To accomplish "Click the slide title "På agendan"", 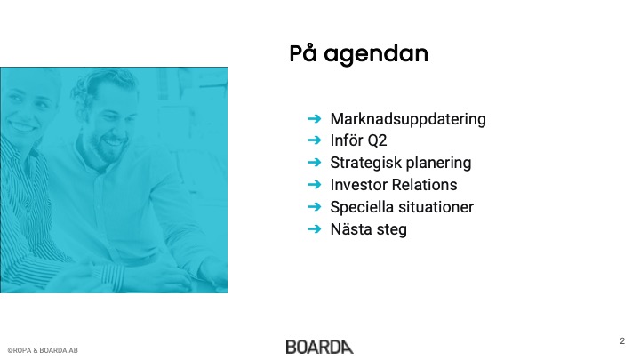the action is (x=359, y=54).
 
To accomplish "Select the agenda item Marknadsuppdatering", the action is (x=408, y=119).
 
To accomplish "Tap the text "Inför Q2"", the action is (x=358, y=140).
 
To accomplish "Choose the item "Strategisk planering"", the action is (x=401, y=163).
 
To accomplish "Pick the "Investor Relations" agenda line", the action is (x=394, y=185).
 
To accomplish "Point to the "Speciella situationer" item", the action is (x=402, y=207).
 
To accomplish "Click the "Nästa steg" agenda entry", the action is (x=369, y=229).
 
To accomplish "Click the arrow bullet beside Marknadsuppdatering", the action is (x=315, y=119).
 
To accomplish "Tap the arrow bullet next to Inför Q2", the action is (x=315, y=140).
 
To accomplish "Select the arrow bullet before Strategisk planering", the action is (x=315, y=163).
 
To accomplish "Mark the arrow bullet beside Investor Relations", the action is (x=315, y=185).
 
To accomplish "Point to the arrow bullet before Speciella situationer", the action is (x=315, y=206).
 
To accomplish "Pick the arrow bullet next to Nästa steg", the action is (x=315, y=228).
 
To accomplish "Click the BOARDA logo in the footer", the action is (x=320, y=347).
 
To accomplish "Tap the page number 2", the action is (x=622, y=340).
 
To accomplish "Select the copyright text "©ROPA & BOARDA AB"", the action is (x=43, y=350).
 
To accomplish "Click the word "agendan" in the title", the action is (x=376, y=55).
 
